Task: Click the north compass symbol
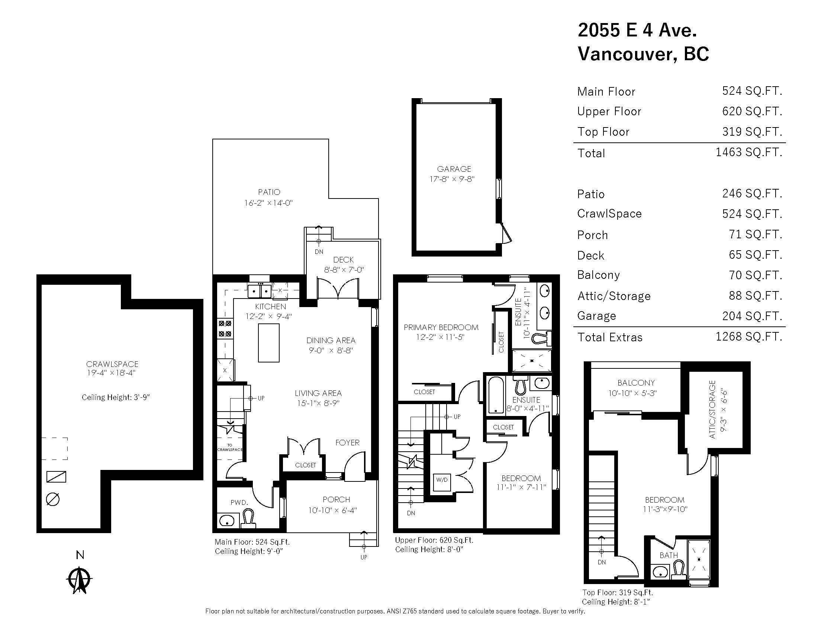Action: coord(79,580)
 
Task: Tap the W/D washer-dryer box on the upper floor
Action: coord(442,480)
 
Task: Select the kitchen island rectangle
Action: coord(268,343)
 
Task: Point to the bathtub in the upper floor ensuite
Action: coord(496,395)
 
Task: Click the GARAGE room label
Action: coord(454,169)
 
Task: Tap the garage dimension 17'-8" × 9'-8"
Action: coord(452,179)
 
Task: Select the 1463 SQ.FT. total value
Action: coord(749,152)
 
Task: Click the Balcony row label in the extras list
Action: coord(598,275)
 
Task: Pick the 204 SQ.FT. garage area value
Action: coord(752,316)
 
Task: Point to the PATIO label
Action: coord(269,192)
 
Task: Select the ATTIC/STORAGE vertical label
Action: coord(712,410)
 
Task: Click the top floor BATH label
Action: coord(669,555)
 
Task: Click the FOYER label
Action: coord(347,442)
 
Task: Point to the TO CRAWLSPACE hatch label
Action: coord(230,447)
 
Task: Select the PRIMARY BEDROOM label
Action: coord(441,327)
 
